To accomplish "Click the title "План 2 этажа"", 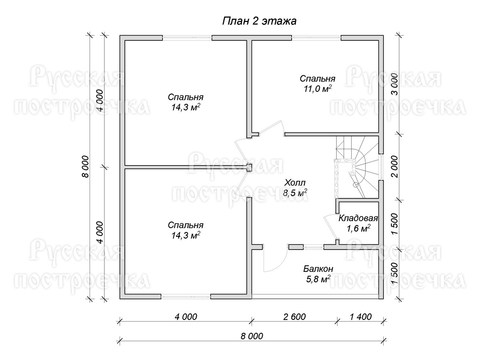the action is point(259,21).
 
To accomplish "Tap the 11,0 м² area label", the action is point(317,89).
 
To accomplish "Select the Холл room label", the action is point(295,183).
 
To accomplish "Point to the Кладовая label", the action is point(358,218).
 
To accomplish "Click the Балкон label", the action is point(318,269).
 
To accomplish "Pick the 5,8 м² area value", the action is point(318,279).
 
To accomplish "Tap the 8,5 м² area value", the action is point(295,193).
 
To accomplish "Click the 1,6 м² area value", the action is point(358,229).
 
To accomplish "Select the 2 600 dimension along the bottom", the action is point(294,316).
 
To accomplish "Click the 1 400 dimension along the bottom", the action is point(360,316).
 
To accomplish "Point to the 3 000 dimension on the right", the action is point(394,84).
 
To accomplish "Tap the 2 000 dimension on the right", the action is point(394,166).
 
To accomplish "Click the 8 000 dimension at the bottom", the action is point(252,336).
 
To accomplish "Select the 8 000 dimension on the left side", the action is point(86,166).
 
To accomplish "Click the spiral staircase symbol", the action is point(357,167).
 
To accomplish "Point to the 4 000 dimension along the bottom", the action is point(186,316).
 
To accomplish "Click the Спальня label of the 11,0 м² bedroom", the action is point(317,79).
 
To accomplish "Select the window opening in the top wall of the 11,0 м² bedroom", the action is point(316,37).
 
